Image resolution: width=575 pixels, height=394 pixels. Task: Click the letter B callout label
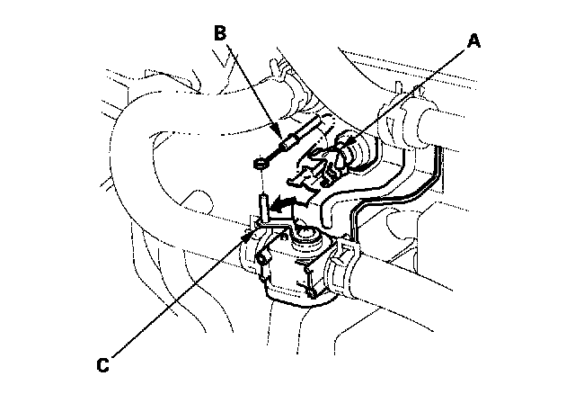point(221,34)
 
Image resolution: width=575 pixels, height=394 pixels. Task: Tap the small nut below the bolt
point(258,164)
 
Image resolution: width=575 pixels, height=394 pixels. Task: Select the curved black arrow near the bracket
point(286,205)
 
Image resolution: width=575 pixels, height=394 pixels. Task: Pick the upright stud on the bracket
point(263,208)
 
